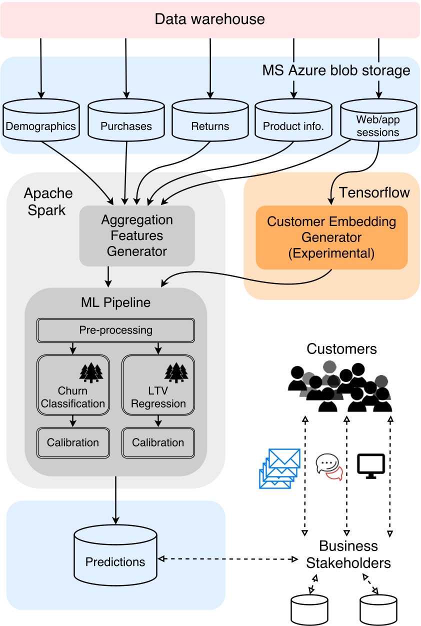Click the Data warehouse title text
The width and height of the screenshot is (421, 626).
tap(209, 19)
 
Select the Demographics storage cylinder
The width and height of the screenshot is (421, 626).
tap(41, 120)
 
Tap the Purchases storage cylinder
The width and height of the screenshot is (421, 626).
tap(125, 120)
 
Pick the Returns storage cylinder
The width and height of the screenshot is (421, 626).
tap(210, 120)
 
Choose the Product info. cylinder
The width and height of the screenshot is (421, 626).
tap(293, 120)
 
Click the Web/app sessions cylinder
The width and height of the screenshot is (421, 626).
tap(378, 120)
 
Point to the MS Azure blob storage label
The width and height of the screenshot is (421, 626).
tap(336, 70)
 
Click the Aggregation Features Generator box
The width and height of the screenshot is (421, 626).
tap(136, 235)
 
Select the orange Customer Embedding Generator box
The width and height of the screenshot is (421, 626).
tap(331, 237)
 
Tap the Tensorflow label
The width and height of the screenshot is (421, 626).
tap(374, 192)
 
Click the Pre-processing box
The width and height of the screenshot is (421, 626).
tap(115, 330)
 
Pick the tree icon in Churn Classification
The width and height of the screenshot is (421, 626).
tap(90, 372)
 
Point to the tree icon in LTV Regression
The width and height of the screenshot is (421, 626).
tap(176, 372)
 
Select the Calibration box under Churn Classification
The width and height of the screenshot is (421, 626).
tap(73, 442)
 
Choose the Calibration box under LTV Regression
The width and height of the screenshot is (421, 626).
tap(158, 442)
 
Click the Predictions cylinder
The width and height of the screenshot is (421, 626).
tap(115, 555)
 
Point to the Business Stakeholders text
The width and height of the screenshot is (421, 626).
tap(348, 554)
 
